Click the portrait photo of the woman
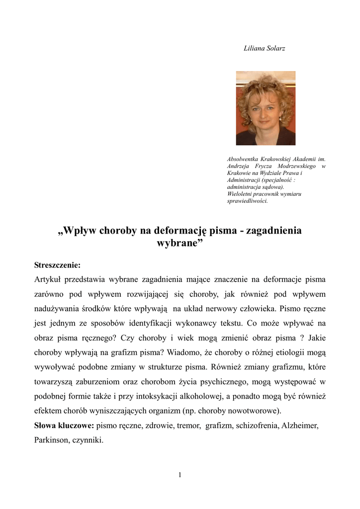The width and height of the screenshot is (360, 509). (x=266, y=108)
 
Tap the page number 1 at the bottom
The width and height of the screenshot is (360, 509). (x=180, y=475)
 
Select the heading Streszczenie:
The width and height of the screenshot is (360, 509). (x=57, y=264)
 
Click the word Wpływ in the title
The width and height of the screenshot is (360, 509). (x=82, y=231)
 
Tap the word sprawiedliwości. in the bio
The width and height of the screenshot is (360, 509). (x=247, y=201)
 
